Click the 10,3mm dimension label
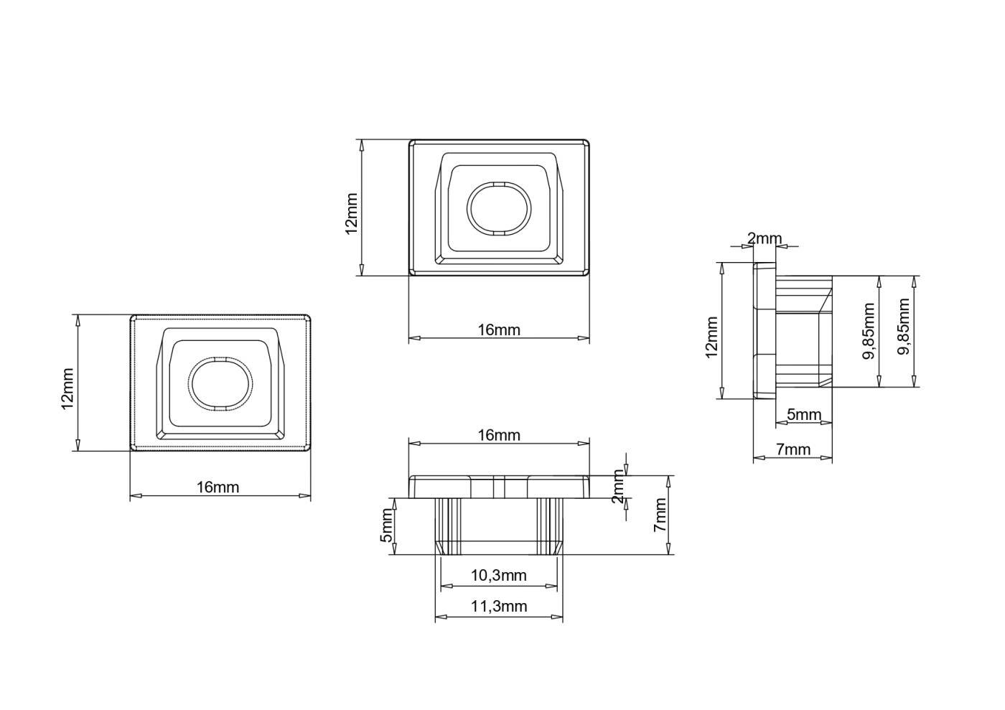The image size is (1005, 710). [498, 575]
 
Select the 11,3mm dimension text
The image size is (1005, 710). [498, 607]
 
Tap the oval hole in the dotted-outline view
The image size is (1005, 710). [220, 384]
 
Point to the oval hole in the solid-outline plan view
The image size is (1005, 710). [500, 209]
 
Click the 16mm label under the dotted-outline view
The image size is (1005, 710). [218, 487]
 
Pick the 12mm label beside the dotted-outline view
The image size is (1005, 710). [67, 388]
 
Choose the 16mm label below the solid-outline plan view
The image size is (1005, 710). [498, 330]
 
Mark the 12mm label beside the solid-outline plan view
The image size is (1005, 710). [351, 214]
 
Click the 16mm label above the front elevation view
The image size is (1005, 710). [498, 435]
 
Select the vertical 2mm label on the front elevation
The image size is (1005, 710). [619, 487]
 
